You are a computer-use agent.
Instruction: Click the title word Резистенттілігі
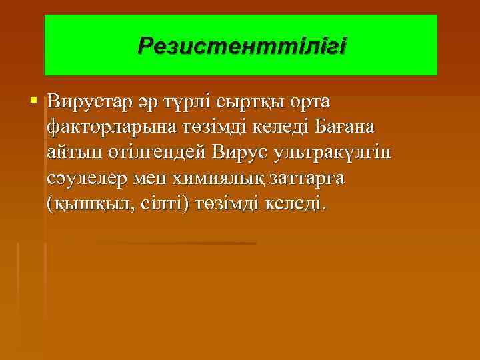pyautogui.click(x=241, y=46)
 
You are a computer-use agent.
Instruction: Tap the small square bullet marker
pyautogui.click(x=34, y=101)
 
